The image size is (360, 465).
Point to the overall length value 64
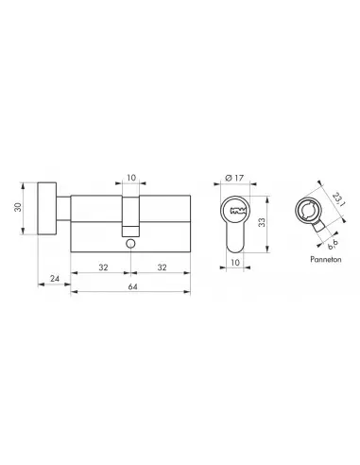coord(131,286)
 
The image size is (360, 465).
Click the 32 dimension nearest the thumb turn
coord(101,267)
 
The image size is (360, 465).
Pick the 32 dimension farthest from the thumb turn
coord(162,267)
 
